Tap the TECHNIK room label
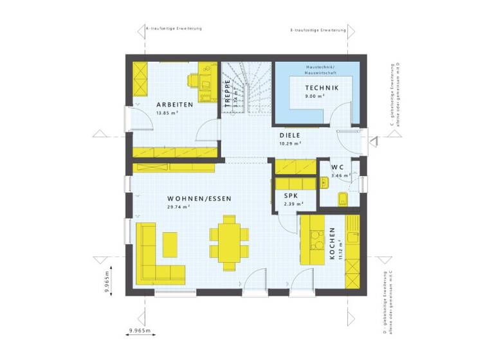point(320,88)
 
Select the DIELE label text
point(290,136)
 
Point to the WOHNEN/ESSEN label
point(190,199)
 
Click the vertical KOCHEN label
point(333,244)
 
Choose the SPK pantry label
point(284,196)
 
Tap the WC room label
point(337,167)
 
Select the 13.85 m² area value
point(167,113)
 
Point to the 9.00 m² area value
point(315,96)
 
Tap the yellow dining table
point(229,240)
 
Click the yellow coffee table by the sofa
point(170,244)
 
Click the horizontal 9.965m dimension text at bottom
point(140,330)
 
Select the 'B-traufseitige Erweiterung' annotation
point(318,30)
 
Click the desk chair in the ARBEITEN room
point(194,80)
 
